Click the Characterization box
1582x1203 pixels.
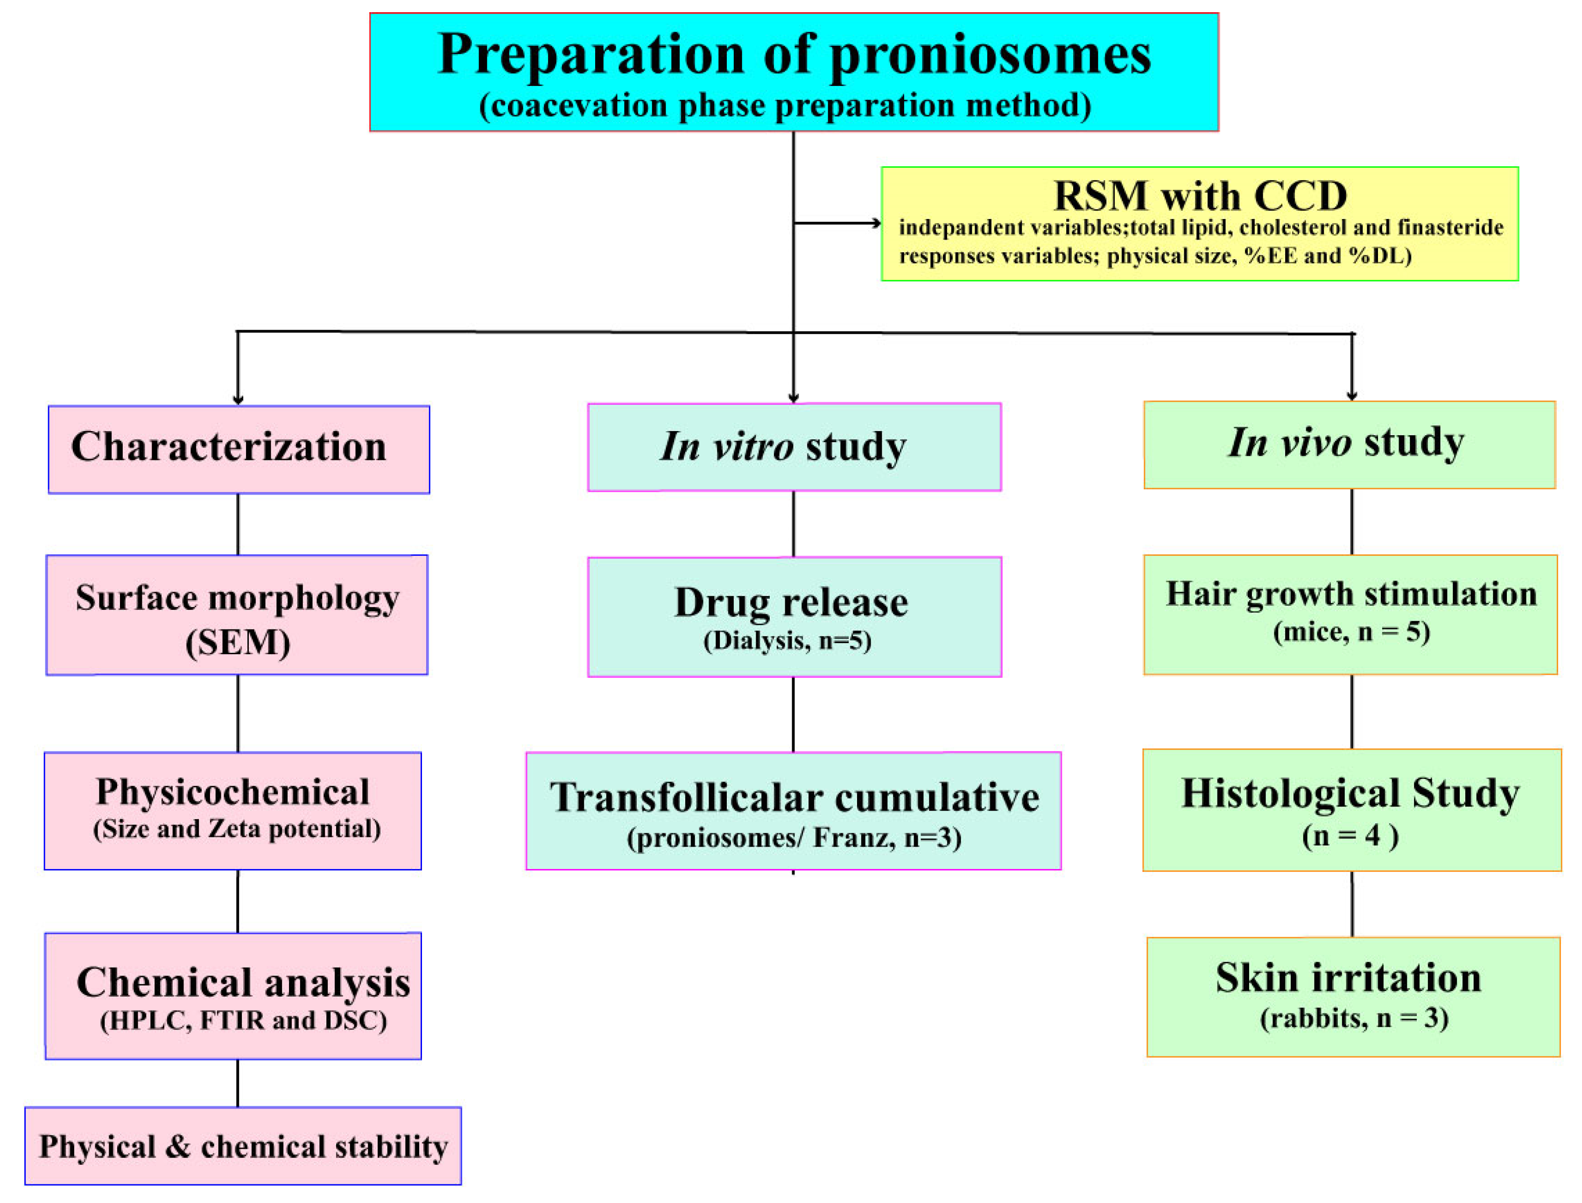pyautogui.click(x=239, y=449)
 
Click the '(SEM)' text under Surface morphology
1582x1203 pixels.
pyautogui.click(x=238, y=642)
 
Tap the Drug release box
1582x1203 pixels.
pyautogui.click(x=793, y=616)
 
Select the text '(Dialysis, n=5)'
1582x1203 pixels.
pyautogui.click(x=787, y=640)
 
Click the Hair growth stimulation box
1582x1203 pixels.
pyautogui.click(x=1350, y=614)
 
